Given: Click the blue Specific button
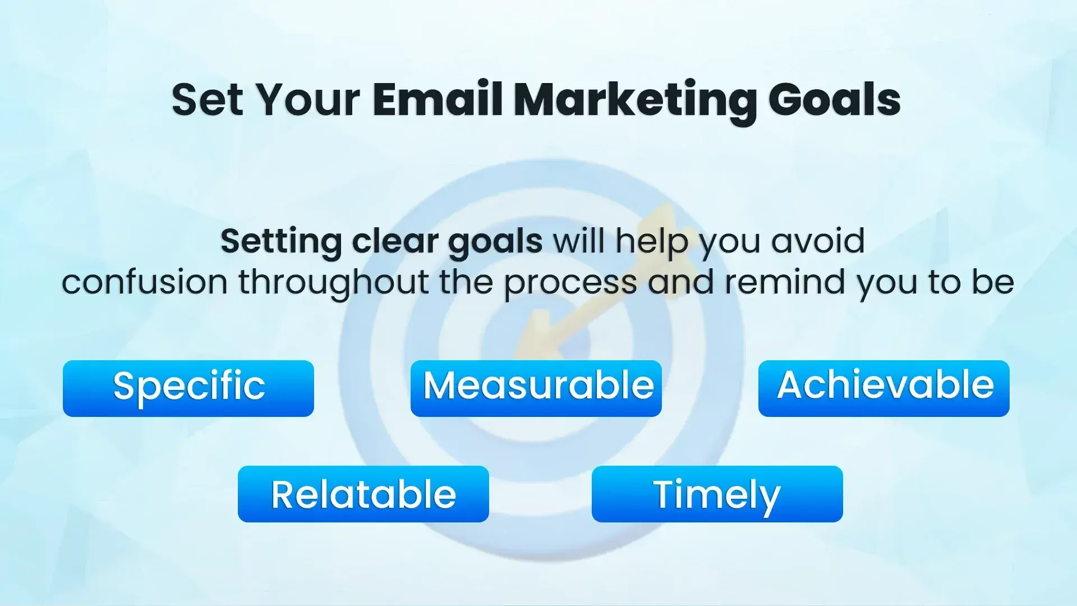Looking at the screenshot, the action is click(188, 388).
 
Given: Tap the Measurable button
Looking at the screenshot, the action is click(536, 388).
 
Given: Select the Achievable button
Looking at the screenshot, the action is click(884, 388).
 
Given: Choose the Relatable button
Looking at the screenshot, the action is click(363, 494).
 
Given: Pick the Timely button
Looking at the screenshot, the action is click(717, 494).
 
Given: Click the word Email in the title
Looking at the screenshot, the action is click(438, 100).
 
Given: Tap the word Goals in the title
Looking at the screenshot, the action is click(835, 100).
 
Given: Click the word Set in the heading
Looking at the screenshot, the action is click(208, 100).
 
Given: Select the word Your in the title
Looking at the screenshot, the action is click(307, 100).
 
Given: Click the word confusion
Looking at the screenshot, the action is click(145, 282).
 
